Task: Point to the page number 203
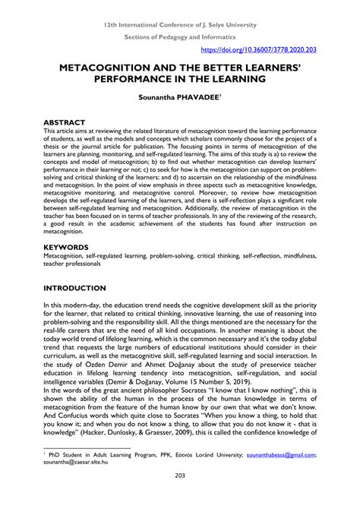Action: (x=180, y=498)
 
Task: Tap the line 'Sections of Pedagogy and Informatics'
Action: (x=180, y=36)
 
